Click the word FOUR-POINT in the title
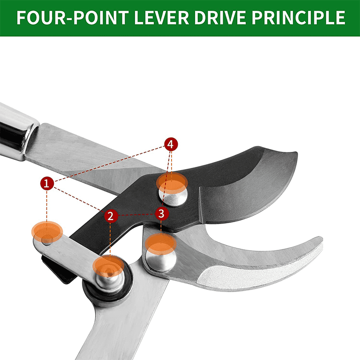click(73, 17)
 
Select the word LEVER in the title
click(161, 17)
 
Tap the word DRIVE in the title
click(220, 17)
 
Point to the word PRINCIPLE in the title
click(298, 17)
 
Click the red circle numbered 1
click(47, 183)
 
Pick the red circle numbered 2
click(111, 216)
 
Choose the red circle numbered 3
click(162, 214)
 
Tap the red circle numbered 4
click(171, 144)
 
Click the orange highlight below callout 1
click(47, 232)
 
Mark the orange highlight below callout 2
click(108, 266)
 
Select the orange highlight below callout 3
click(161, 244)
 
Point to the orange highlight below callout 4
click(172, 183)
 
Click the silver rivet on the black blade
click(173, 194)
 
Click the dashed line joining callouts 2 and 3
click(136, 215)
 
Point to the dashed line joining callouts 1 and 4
click(109, 164)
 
